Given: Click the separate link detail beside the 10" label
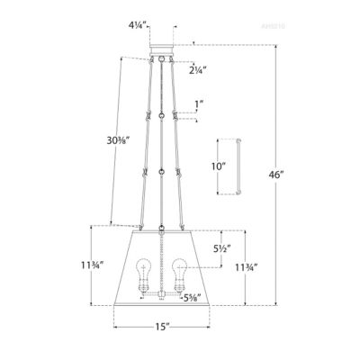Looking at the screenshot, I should (238, 166).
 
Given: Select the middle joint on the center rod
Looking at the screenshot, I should (161, 170).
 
